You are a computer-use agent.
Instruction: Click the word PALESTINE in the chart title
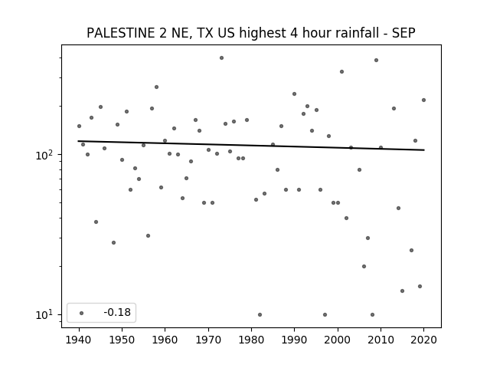(121, 33)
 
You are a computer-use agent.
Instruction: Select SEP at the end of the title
(403, 33)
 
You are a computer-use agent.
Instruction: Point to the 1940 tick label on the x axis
(79, 340)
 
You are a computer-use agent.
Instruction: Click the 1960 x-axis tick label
(165, 340)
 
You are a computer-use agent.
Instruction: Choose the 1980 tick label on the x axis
(251, 340)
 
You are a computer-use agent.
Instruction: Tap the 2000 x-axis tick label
(338, 340)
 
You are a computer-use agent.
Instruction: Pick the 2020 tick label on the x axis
(423, 340)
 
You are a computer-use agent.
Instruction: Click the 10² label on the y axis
(46, 155)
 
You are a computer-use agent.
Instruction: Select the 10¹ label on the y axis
(46, 314)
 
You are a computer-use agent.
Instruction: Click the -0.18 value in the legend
(117, 312)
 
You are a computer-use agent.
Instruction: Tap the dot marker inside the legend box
(82, 313)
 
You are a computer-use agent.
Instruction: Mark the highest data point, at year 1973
(221, 58)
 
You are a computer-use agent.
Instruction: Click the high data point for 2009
(376, 60)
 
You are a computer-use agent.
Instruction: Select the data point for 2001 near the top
(342, 71)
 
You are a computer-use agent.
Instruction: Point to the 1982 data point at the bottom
(260, 314)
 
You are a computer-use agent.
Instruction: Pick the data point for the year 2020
(423, 100)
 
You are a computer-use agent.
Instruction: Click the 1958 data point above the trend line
(156, 87)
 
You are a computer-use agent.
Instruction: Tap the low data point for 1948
(114, 242)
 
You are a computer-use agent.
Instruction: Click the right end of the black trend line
(423, 150)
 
